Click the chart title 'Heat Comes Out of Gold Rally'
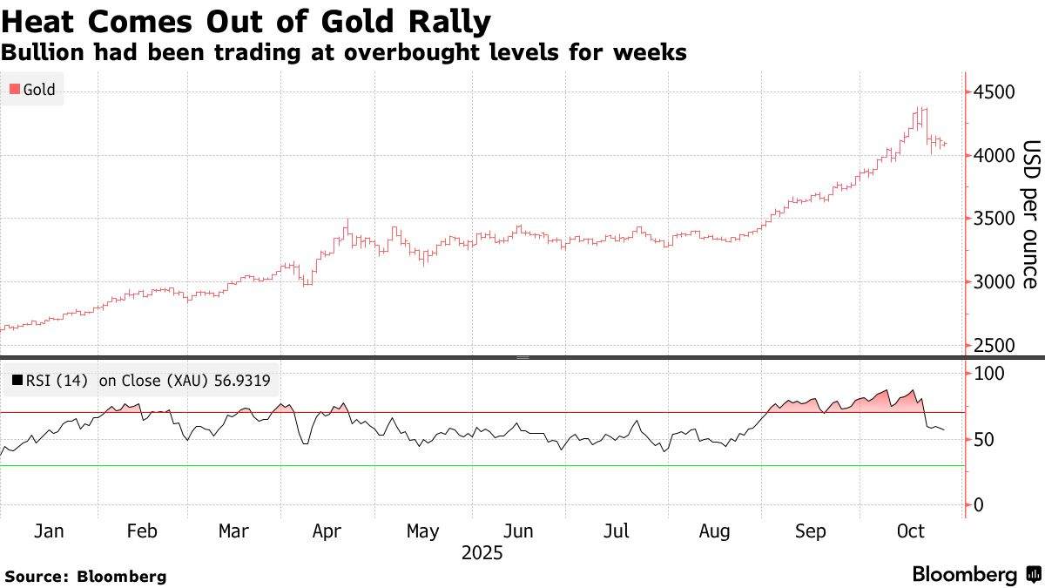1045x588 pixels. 246,21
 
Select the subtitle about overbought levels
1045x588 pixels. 344,52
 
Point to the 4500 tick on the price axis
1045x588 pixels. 995,92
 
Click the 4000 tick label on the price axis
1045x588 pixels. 995,156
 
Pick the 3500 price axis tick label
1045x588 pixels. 995,219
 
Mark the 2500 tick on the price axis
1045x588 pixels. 995,346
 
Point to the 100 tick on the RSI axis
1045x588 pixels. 989,374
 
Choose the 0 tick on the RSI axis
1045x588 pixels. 980,505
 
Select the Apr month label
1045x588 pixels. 326,531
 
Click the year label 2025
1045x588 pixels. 482,552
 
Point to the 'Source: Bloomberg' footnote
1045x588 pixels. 85,576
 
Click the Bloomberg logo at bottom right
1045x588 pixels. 976,575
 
